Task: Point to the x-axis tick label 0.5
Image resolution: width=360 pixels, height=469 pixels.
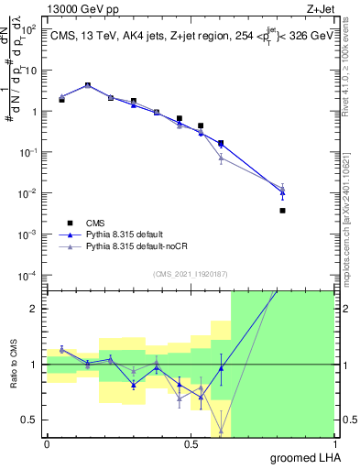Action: pyautogui.click(x=191, y=444)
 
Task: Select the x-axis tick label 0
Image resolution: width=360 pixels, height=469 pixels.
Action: pyautogui.click(x=47, y=444)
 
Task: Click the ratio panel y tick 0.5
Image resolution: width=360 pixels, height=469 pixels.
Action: pyautogui.click(x=31, y=420)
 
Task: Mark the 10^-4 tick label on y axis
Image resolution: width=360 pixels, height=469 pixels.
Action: pyautogui.click(x=29, y=276)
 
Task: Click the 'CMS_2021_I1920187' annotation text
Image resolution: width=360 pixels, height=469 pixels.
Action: pyautogui.click(x=190, y=273)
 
